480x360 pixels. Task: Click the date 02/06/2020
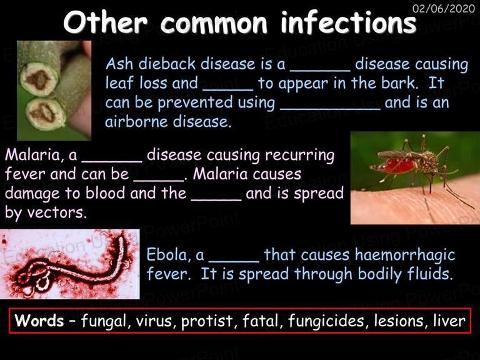point(444,8)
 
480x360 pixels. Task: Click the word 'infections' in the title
point(349,22)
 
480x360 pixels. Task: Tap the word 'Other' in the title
point(105,22)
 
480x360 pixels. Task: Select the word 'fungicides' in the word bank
point(327,321)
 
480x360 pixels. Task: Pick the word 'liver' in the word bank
point(449,321)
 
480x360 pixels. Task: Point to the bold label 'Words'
point(39,321)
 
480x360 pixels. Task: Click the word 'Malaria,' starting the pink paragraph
point(32,155)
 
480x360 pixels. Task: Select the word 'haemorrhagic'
point(405,256)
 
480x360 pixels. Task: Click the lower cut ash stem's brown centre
point(43,113)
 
